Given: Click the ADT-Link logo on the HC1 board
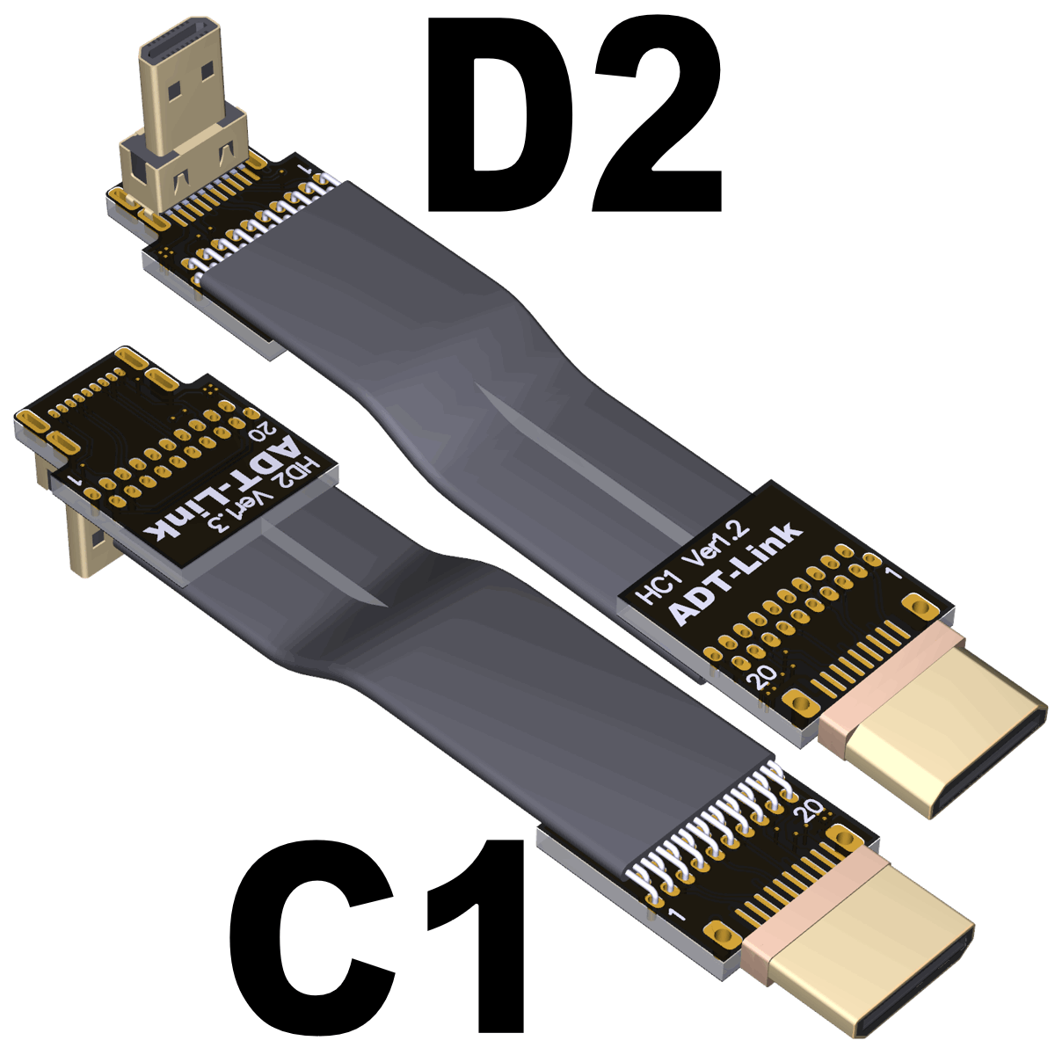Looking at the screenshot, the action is [737, 574].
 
